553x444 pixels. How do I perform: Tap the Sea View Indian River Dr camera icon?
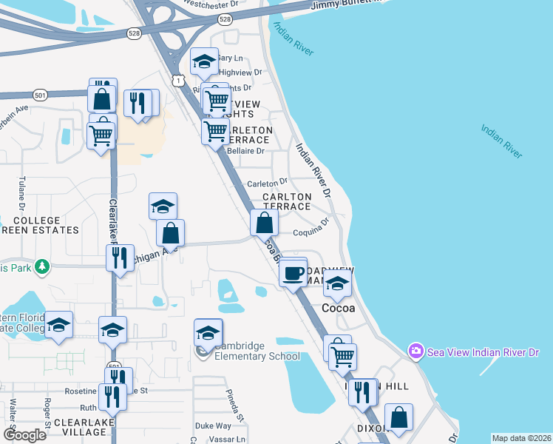pyautogui.click(x=416, y=350)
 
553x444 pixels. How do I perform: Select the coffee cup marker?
pyautogui.click(x=293, y=273)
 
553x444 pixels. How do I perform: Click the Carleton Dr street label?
pyautogui.click(x=267, y=182)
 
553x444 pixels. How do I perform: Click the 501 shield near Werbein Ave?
pyautogui.click(x=40, y=95)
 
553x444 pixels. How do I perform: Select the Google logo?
pyautogui.click(x=24, y=435)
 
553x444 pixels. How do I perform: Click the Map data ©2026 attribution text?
pyautogui.click(x=522, y=438)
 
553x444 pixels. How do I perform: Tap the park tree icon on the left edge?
pyautogui.click(x=43, y=266)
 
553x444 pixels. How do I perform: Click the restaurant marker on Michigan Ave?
pyautogui.click(x=119, y=258)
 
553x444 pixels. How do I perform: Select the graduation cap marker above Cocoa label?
pyautogui.click(x=337, y=285)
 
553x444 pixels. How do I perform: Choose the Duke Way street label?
pyautogui.click(x=213, y=426)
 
